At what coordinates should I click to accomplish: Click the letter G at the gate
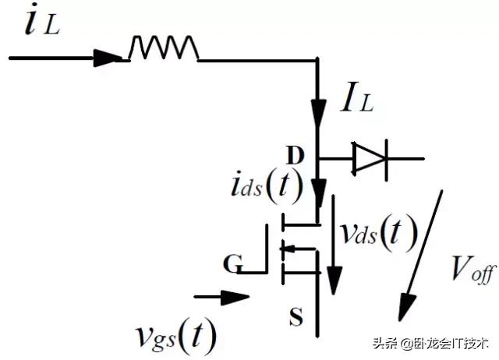[x=232, y=263]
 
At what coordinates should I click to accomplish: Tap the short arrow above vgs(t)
[x=221, y=297]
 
